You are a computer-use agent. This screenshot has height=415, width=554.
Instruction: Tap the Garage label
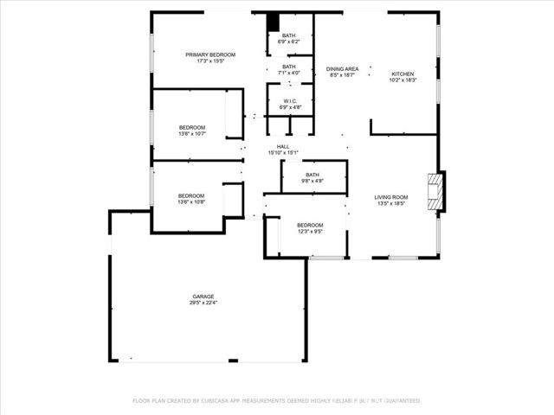(203, 297)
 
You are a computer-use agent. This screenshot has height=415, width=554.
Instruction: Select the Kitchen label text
(403, 74)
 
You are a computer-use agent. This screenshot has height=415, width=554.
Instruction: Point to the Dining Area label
(343, 68)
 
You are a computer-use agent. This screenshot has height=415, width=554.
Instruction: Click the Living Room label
(391, 198)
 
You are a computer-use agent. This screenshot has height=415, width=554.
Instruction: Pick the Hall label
(283, 147)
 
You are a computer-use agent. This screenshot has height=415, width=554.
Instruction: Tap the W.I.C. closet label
(289, 101)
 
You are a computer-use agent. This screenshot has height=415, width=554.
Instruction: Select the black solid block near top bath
(272, 23)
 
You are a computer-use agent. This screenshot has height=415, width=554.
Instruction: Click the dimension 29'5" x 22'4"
(203, 303)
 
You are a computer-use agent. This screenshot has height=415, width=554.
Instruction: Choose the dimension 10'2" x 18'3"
(403, 80)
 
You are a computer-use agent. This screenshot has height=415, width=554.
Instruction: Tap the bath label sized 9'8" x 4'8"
(312, 175)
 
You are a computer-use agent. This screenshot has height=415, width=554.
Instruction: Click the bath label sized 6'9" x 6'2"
(288, 35)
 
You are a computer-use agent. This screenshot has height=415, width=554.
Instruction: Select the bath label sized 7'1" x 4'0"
(288, 67)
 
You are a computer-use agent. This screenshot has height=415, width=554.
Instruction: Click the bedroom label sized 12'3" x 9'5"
(310, 225)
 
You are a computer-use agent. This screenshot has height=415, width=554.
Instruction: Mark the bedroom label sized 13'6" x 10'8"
(192, 195)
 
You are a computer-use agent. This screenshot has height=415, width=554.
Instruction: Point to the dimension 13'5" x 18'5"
(391, 204)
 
